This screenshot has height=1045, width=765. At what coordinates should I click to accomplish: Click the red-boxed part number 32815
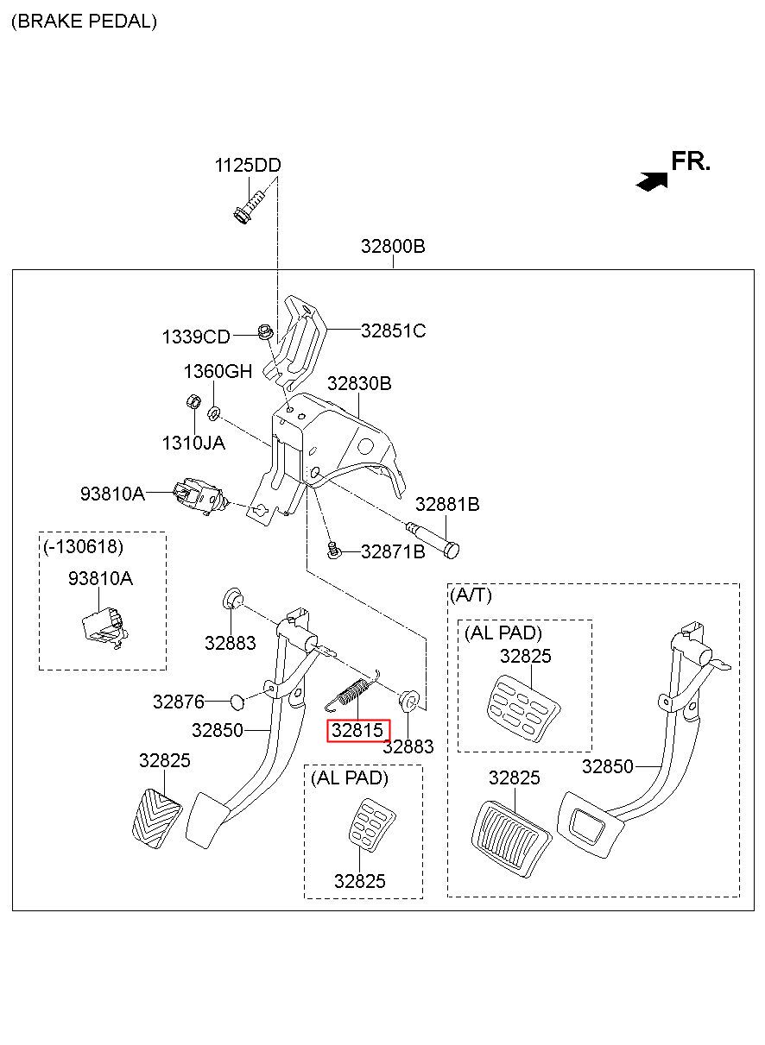pos(357,730)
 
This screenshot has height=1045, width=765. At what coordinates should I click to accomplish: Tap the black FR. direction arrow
pos(652,180)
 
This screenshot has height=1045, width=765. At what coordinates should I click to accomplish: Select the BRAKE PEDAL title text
pos(84,22)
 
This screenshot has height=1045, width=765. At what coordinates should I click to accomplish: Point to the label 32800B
pos(393,246)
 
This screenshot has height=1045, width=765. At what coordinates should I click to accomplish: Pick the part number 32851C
pos(394,330)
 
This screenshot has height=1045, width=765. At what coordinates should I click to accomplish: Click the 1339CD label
pos(196,337)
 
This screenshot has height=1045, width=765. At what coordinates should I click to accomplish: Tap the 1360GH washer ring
pos(214,413)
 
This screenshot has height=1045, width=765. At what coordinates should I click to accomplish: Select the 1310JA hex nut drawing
pos(193,401)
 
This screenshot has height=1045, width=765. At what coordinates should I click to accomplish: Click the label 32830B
pos(359,383)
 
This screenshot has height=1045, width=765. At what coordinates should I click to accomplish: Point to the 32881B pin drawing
pos(433,540)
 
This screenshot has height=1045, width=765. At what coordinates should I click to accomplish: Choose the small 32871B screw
pos(333,550)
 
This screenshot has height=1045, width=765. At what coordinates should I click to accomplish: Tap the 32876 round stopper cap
pos(237,702)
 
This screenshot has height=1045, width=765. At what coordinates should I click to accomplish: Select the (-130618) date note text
pos(83,546)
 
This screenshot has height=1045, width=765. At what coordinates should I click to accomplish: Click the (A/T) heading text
pos(471,595)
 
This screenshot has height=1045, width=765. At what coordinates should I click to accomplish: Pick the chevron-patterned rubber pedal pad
pos(157,819)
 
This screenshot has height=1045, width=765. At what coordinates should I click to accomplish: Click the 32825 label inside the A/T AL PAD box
pos(526,656)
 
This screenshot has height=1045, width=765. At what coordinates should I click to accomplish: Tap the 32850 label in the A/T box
pos(607,766)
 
